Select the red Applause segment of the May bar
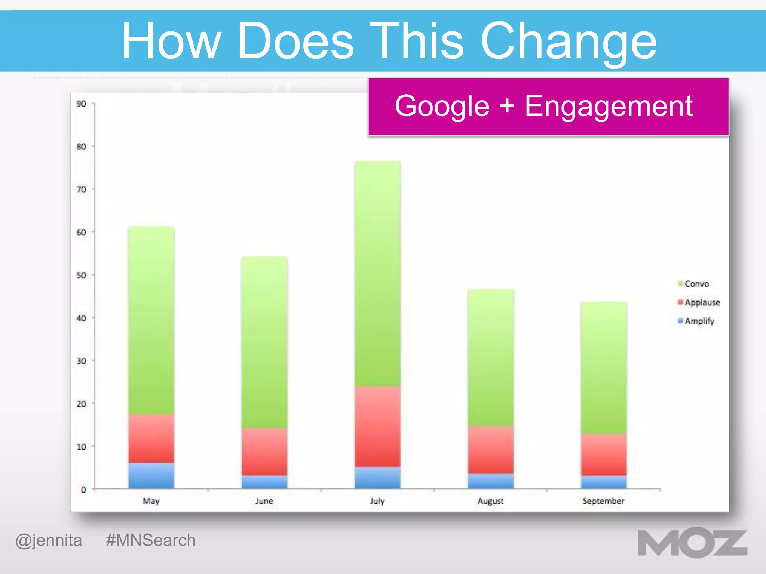(151, 438)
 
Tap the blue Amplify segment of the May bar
(151, 476)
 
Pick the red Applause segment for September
(603, 454)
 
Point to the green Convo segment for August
(490, 358)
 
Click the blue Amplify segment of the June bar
(264, 482)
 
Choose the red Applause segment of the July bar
(377, 427)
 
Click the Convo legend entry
(696, 284)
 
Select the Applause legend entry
(701, 302)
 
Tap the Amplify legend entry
(699, 321)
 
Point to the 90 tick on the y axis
(81, 104)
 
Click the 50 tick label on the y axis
(81, 275)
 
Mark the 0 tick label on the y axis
(83, 490)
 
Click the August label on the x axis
(490, 501)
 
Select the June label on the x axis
(264, 501)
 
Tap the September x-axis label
(603, 501)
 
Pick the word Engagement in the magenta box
(609, 106)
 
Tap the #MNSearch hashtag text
(151, 540)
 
